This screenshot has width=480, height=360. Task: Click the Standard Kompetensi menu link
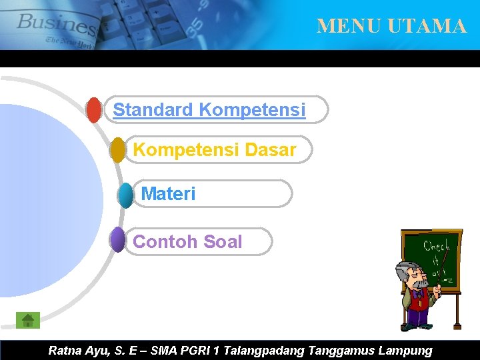tap(209, 110)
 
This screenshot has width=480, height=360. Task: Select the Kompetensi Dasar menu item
tap(214, 150)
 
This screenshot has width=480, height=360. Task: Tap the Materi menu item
tap(169, 194)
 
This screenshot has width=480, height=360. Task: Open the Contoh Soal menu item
tap(187, 242)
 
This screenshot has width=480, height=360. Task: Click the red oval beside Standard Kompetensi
tap(94, 111)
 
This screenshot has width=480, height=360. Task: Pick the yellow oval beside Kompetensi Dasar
tap(118, 150)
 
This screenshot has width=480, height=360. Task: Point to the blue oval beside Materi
tap(125, 195)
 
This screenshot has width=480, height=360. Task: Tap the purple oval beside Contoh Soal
tap(117, 240)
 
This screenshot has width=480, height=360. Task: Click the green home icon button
tap(28, 320)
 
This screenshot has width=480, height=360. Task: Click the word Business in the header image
tap(57, 25)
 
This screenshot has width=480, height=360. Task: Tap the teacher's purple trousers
tap(418, 316)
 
